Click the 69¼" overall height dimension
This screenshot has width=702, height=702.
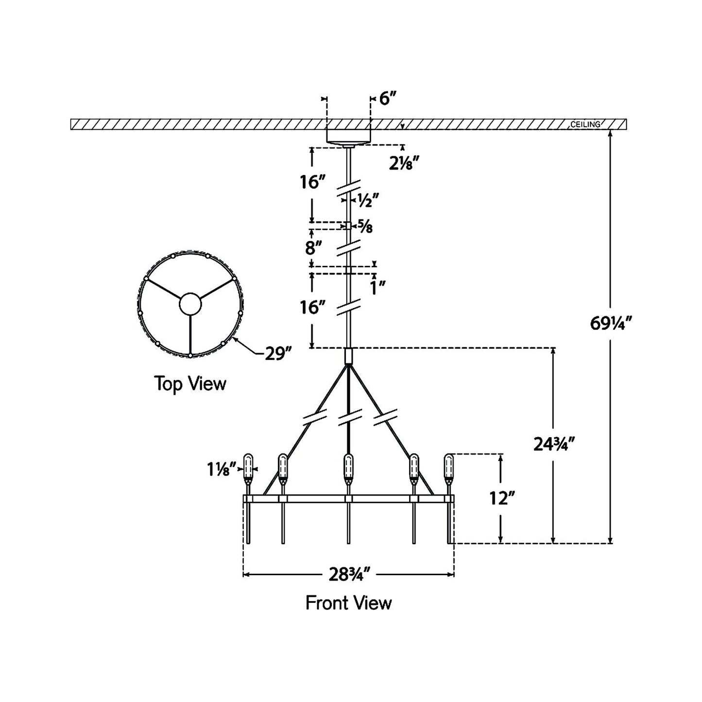coord(611,323)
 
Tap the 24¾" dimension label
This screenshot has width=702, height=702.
coord(554,444)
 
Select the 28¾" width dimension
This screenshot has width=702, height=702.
coord(349,575)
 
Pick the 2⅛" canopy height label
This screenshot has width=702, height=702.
coord(404,164)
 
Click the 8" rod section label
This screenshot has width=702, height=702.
coord(314,248)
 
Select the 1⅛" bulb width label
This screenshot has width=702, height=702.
coord(221,469)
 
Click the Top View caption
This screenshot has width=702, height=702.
coord(190,384)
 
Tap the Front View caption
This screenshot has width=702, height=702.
coord(348,603)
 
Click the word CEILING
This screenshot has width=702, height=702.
coord(585,124)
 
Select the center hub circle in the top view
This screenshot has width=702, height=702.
coord(190,304)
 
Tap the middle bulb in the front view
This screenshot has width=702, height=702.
coord(348,467)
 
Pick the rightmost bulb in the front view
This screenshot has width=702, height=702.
coord(448,467)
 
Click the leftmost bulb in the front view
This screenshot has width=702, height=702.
coord(248,467)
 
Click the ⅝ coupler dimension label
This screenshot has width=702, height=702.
coord(366,226)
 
